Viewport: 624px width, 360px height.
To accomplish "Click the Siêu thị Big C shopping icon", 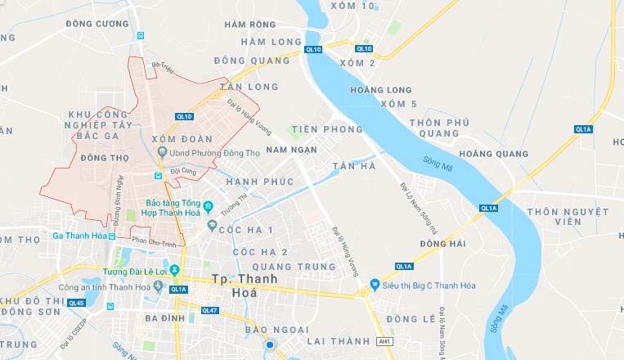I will point(375,285).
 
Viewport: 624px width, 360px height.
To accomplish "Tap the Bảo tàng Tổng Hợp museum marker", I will point(209,204).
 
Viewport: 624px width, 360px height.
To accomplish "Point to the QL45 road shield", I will point(77,303).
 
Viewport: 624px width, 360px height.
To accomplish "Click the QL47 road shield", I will point(209,310).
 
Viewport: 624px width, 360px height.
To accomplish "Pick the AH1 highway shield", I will point(384,340).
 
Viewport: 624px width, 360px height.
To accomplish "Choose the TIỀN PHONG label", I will point(326,129).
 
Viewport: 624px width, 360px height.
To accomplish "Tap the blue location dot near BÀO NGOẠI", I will point(269,347).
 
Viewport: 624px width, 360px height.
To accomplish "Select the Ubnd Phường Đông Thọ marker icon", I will point(164,152).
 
